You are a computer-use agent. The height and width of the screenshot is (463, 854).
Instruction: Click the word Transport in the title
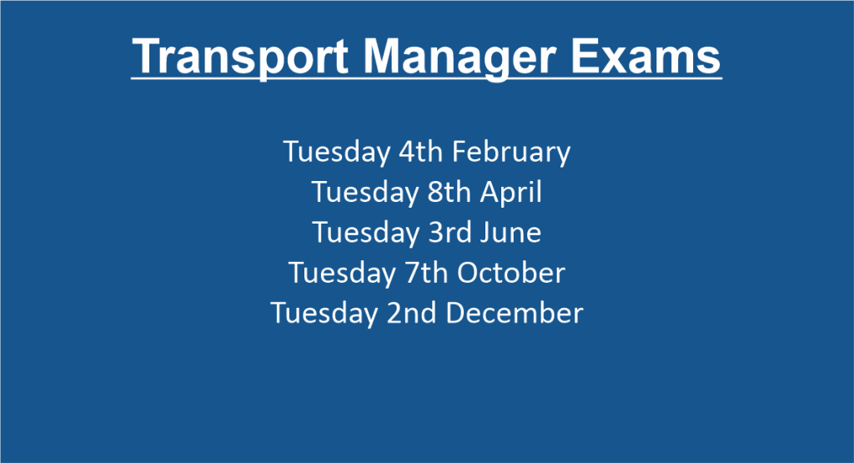pyautogui.click(x=239, y=58)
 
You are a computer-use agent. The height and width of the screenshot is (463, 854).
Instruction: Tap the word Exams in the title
pyautogui.click(x=646, y=56)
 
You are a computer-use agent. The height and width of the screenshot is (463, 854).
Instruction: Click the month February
pyautogui.click(x=511, y=153)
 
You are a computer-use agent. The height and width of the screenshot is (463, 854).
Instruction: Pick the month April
pyautogui.click(x=511, y=193)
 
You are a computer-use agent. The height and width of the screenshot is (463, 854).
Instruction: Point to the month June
pyautogui.click(x=510, y=233)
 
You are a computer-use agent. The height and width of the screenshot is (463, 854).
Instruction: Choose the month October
pyautogui.click(x=511, y=272)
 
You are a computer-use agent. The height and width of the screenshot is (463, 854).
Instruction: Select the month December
pyautogui.click(x=515, y=313)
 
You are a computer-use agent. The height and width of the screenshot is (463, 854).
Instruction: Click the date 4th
pyautogui.click(x=420, y=152)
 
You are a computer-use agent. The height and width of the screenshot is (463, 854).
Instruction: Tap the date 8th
pyautogui.click(x=449, y=192)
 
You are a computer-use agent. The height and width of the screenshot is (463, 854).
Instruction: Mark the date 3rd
pyautogui.click(x=450, y=233)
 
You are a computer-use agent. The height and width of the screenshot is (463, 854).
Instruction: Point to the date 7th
pyautogui.click(x=424, y=272)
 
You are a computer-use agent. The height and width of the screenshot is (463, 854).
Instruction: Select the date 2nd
pyautogui.click(x=411, y=313)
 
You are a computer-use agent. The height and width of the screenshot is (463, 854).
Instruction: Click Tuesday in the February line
pyautogui.click(x=337, y=153)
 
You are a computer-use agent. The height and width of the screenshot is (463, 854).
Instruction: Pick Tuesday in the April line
pyautogui.click(x=365, y=193)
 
